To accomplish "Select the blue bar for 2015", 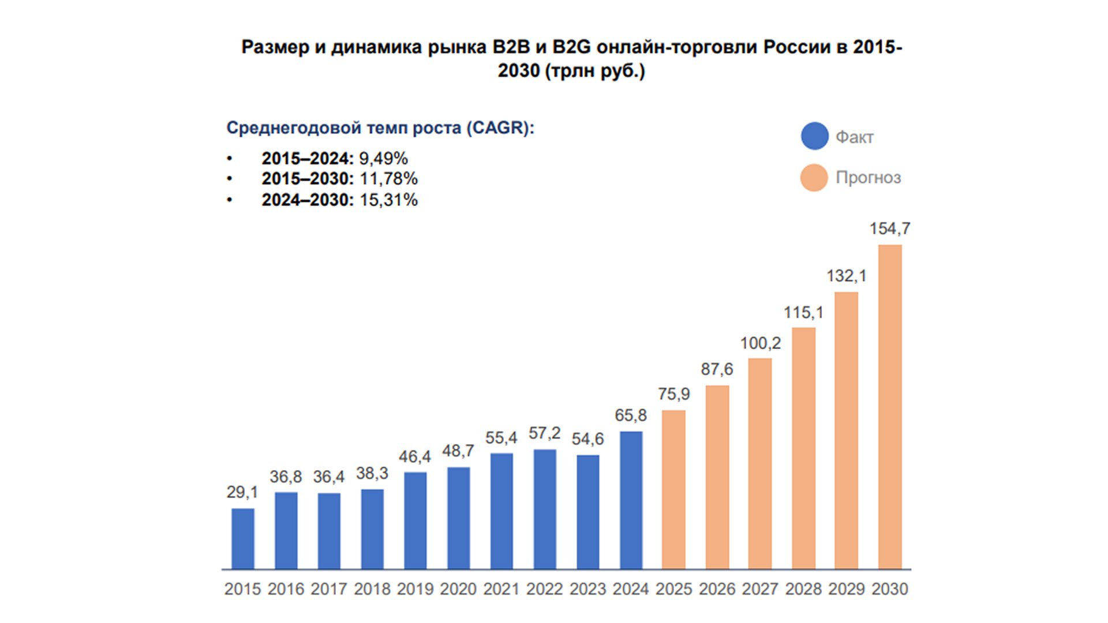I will click(242, 539).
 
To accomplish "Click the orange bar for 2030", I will click(890, 407).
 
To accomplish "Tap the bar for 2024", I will click(631, 500).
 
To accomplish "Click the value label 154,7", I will click(889, 229).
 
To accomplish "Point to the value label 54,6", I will click(587, 439).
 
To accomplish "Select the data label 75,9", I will click(673, 394).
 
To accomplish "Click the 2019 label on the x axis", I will click(415, 589).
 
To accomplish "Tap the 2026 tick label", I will click(717, 589).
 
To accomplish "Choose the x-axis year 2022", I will click(544, 589).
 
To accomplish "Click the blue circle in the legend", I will click(815, 136).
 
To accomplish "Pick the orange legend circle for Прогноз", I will click(814, 177).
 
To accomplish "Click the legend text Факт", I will click(855, 137).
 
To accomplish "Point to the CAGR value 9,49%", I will click(383, 158).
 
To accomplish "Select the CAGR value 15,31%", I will click(388, 200).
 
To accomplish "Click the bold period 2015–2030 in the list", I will click(307, 179).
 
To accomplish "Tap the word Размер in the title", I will click(275, 47).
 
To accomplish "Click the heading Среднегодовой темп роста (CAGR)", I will click(380, 127).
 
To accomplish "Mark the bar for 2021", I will click(501, 511).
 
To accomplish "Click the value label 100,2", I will click(760, 343).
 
